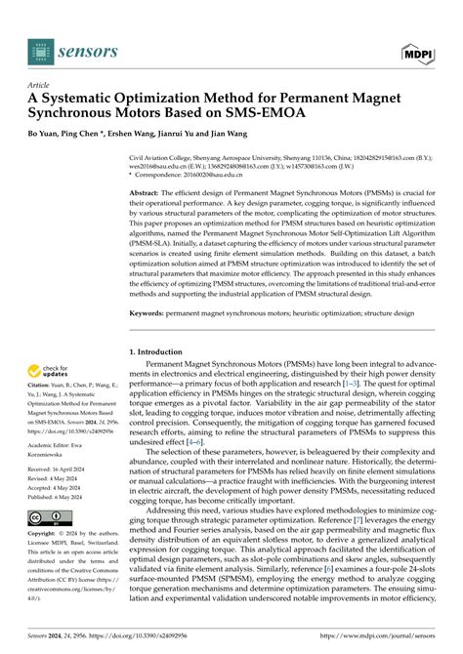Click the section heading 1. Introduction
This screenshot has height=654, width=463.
point(161,350)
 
